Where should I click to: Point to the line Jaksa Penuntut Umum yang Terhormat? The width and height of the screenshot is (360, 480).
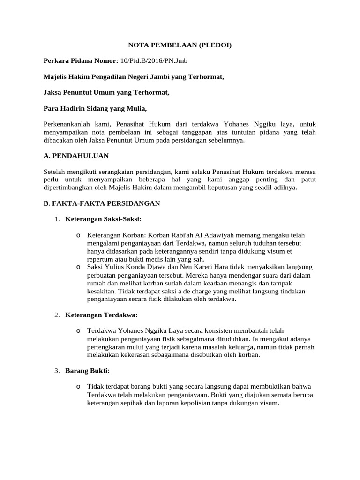(x=106, y=92)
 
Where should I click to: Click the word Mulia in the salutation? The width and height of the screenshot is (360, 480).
(x=135, y=108)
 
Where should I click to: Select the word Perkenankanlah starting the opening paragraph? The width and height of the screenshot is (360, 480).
(x=65, y=124)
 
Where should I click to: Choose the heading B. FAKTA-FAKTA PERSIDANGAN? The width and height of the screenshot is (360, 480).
(x=102, y=203)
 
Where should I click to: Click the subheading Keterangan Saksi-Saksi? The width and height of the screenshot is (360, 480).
(x=103, y=219)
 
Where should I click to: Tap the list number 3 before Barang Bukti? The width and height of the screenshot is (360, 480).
(x=56, y=371)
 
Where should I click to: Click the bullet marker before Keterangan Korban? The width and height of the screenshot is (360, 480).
(x=78, y=235)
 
